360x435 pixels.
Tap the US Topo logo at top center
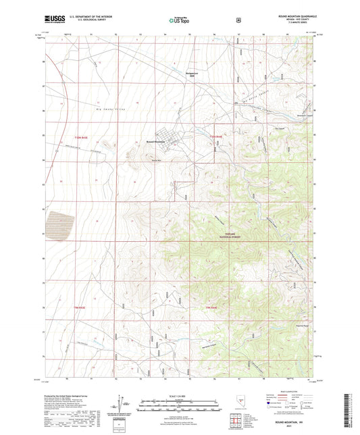[179, 21]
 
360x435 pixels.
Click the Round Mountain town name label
[155, 142]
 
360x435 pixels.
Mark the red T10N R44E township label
[215, 137]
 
